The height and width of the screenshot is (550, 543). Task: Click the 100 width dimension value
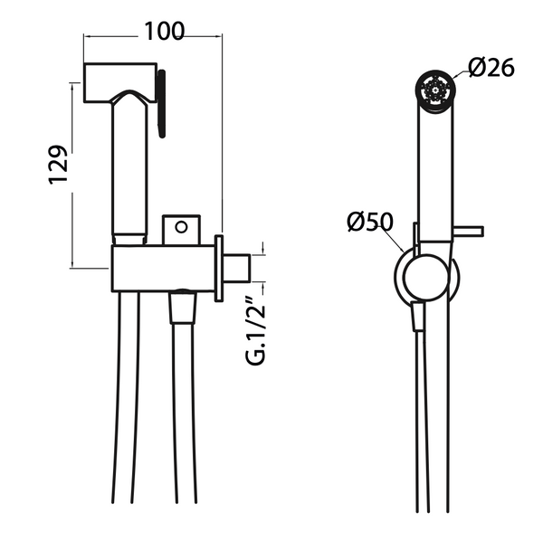(164, 30)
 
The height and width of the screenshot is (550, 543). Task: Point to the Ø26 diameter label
(491, 66)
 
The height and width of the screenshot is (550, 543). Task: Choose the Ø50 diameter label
(368, 220)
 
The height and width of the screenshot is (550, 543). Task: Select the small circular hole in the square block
(180, 226)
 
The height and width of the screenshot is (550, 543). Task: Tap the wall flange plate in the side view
(219, 268)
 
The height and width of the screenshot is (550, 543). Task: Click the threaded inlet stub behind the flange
(237, 268)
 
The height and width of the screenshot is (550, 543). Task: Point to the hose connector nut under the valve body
(182, 308)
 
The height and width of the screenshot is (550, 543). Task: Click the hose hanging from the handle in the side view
(127, 407)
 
